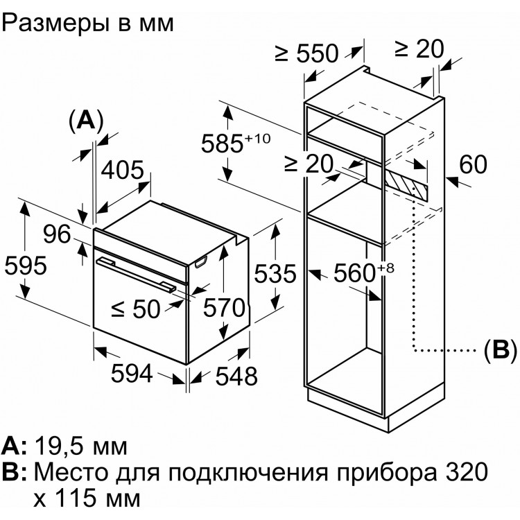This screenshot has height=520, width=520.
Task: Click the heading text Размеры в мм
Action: (x=88, y=23)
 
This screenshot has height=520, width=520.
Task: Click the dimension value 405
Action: (x=122, y=171)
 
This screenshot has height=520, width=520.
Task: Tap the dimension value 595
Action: (x=26, y=266)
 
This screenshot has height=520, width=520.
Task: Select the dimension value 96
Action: (x=57, y=234)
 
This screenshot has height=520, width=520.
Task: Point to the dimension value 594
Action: (x=132, y=374)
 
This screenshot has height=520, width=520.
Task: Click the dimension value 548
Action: (x=236, y=376)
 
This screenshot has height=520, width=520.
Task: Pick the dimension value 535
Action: (x=275, y=274)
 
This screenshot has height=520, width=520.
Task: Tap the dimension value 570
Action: (x=224, y=308)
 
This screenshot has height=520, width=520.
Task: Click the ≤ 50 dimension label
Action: (x=136, y=309)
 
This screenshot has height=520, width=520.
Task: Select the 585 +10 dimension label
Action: (x=236, y=143)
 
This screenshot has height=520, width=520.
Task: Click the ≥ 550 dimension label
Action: (x=306, y=53)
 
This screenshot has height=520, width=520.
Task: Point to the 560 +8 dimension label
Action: (x=364, y=272)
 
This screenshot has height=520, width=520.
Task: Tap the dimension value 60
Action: (x=474, y=164)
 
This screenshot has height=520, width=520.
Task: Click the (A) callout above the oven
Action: (x=86, y=121)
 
